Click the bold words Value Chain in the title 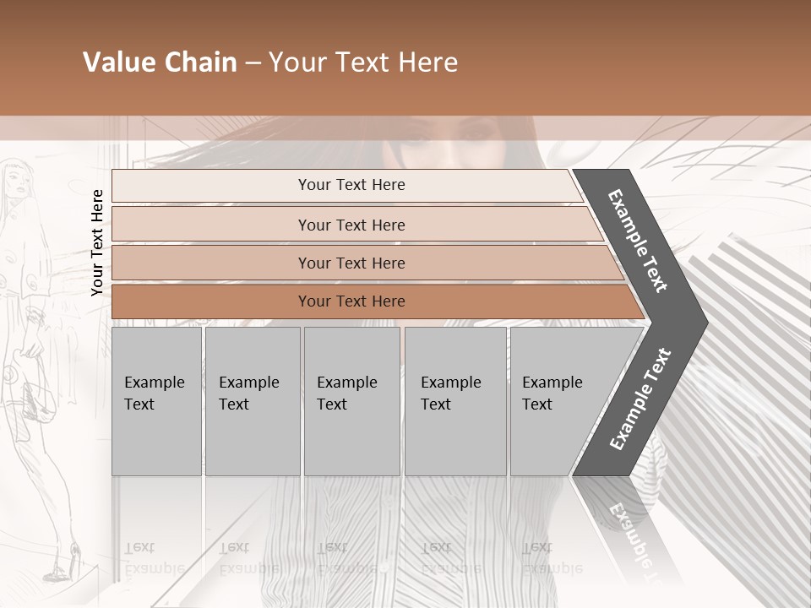[160, 62]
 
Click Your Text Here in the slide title [363, 62]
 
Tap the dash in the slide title [253, 63]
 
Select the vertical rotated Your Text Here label [97, 242]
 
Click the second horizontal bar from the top [351, 225]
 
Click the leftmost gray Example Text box [156, 401]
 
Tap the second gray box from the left [252, 401]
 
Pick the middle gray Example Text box [351, 401]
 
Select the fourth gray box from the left [454, 401]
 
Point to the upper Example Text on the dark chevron [638, 240]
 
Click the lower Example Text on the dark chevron [640, 399]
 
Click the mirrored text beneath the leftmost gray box [155, 557]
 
